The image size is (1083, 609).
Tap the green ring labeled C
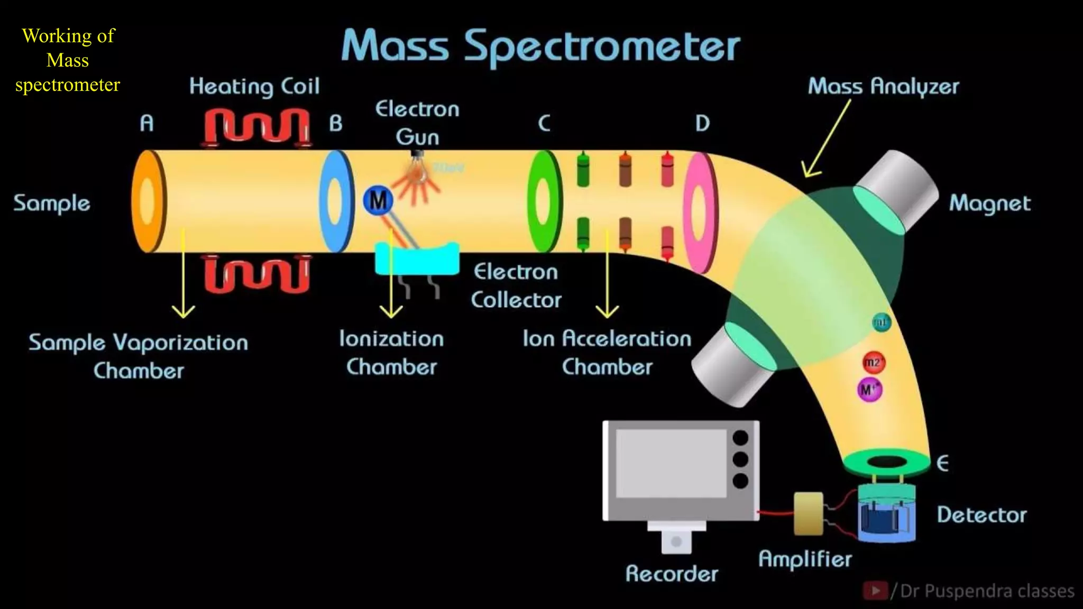tap(544, 202)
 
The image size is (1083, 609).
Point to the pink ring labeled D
tap(699, 213)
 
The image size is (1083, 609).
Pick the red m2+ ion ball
tap(873, 363)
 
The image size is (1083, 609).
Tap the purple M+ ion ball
tap(869, 390)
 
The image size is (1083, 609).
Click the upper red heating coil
tap(257, 127)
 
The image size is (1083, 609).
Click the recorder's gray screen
tap(671, 463)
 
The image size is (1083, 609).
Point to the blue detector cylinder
tap(886, 515)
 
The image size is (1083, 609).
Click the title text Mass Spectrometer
tap(540, 47)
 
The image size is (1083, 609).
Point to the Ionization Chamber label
tap(391, 353)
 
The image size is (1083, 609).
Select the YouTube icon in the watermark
tap(875, 590)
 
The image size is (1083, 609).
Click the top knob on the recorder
tap(740, 438)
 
